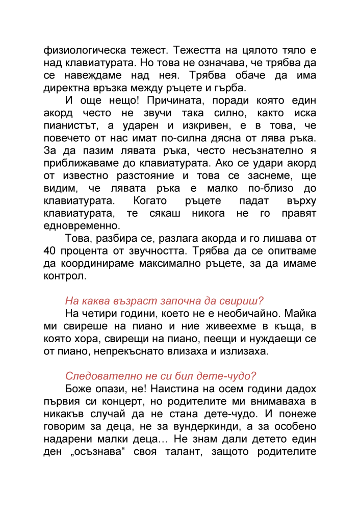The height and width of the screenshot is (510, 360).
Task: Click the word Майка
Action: [299, 313]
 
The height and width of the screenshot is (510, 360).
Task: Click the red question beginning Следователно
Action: [161, 375]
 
